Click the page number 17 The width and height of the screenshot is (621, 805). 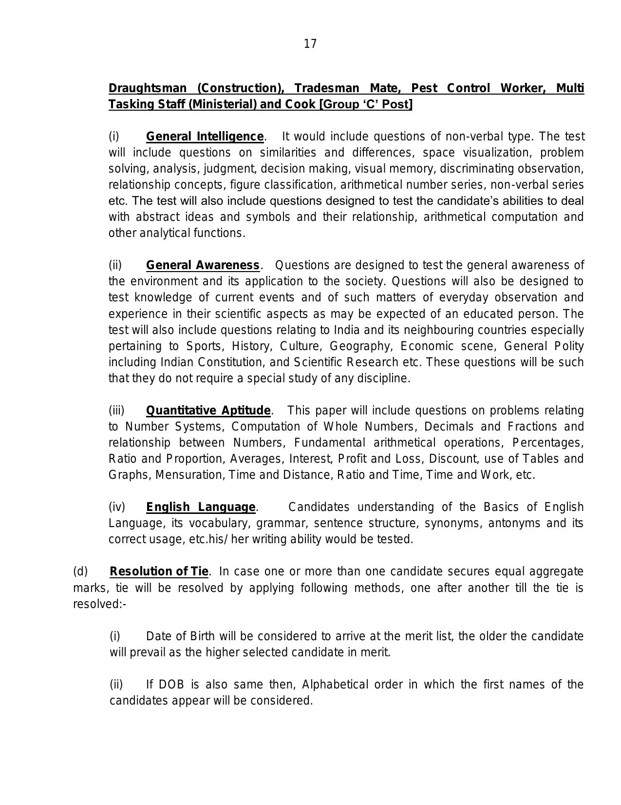click(x=310, y=44)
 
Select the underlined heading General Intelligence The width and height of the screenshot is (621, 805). click(x=205, y=137)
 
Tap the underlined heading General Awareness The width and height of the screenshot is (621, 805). click(x=203, y=265)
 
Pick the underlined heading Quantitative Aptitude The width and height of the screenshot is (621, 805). click(x=208, y=411)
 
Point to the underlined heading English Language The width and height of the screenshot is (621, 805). click(x=201, y=507)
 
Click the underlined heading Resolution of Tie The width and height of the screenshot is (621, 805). click(x=159, y=571)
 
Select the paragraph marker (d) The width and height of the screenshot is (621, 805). click(x=80, y=571)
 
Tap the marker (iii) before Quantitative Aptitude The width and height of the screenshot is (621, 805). click(x=116, y=411)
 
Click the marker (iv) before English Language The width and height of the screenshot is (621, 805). click(x=117, y=507)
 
